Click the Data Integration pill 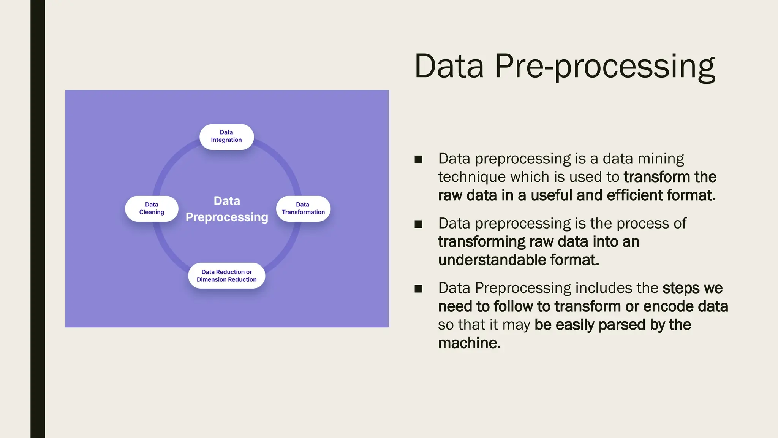click(226, 136)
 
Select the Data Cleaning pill click(152, 208)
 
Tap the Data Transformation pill click(303, 208)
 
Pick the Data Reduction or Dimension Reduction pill click(226, 276)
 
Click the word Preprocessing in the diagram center click(227, 217)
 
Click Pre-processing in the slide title click(605, 67)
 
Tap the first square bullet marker click(418, 159)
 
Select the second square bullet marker click(418, 224)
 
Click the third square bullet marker click(418, 289)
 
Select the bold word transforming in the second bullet click(481, 242)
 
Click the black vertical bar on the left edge click(38, 219)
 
